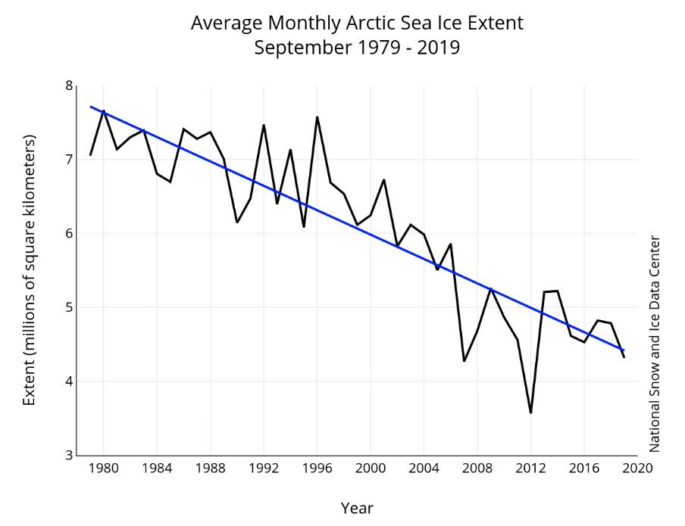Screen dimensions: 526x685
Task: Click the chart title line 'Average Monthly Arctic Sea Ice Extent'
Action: (357, 23)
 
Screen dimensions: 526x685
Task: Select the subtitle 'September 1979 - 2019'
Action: (357, 48)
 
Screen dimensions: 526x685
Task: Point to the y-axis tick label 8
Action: (68, 86)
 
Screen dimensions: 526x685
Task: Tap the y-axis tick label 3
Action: (68, 455)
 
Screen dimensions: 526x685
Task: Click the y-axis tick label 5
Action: (68, 307)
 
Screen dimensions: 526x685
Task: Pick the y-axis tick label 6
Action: (68, 233)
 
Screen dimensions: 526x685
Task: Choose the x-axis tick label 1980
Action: (104, 468)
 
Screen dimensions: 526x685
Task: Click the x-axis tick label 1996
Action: (317, 468)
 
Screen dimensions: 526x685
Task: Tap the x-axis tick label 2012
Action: (530, 468)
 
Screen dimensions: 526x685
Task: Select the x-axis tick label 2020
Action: (637, 468)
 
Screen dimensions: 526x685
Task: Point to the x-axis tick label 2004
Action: (424, 468)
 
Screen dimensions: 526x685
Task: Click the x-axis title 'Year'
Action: (357, 508)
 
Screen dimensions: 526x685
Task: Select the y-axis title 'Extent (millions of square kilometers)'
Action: (30, 270)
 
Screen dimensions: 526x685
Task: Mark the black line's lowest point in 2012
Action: (530, 412)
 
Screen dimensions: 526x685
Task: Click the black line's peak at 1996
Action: (317, 117)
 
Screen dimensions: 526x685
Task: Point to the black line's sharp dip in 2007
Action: (464, 361)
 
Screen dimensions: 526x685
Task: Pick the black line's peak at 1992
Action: (264, 125)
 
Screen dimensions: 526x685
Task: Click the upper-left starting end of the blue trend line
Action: (91, 107)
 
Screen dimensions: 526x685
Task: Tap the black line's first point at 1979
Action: (91, 155)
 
